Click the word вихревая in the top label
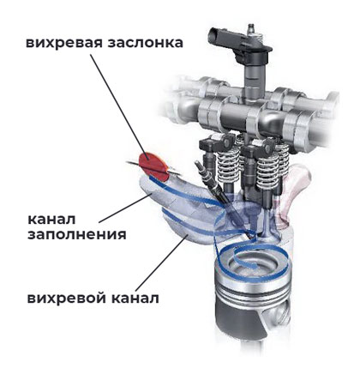pos(64,43)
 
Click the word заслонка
pos(145,43)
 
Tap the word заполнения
pos(77,235)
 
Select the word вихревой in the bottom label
pos(66,299)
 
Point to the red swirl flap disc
pos(153,166)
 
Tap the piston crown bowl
pos(251,262)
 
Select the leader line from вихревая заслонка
pos(119,106)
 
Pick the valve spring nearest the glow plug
pos(228,165)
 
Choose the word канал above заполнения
pos(51,220)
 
